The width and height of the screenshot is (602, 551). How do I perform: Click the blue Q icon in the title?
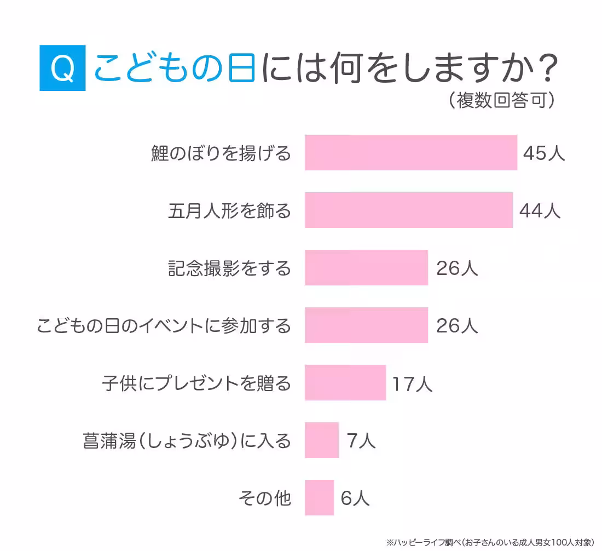(x=63, y=68)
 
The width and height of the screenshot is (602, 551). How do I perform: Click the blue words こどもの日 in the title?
(x=175, y=68)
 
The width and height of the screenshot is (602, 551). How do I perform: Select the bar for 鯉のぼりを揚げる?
(x=410, y=153)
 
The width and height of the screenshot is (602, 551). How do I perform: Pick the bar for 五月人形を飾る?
(x=408, y=210)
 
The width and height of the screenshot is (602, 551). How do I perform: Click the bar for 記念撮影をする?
(x=366, y=268)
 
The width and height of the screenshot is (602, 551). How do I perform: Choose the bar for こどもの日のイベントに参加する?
(x=366, y=325)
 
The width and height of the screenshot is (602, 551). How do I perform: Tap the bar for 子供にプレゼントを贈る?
(x=345, y=383)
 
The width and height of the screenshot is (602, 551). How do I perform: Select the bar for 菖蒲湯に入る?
(x=322, y=440)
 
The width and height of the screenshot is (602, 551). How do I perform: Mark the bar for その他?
(x=319, y=498)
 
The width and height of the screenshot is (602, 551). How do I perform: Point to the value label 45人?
(x=543, y=153)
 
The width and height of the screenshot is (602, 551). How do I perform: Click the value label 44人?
(x=540, y=211)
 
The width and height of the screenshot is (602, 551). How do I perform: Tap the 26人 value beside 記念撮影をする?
(x=457, y=268)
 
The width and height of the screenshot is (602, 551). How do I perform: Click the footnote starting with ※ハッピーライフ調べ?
(x=490, y=542)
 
